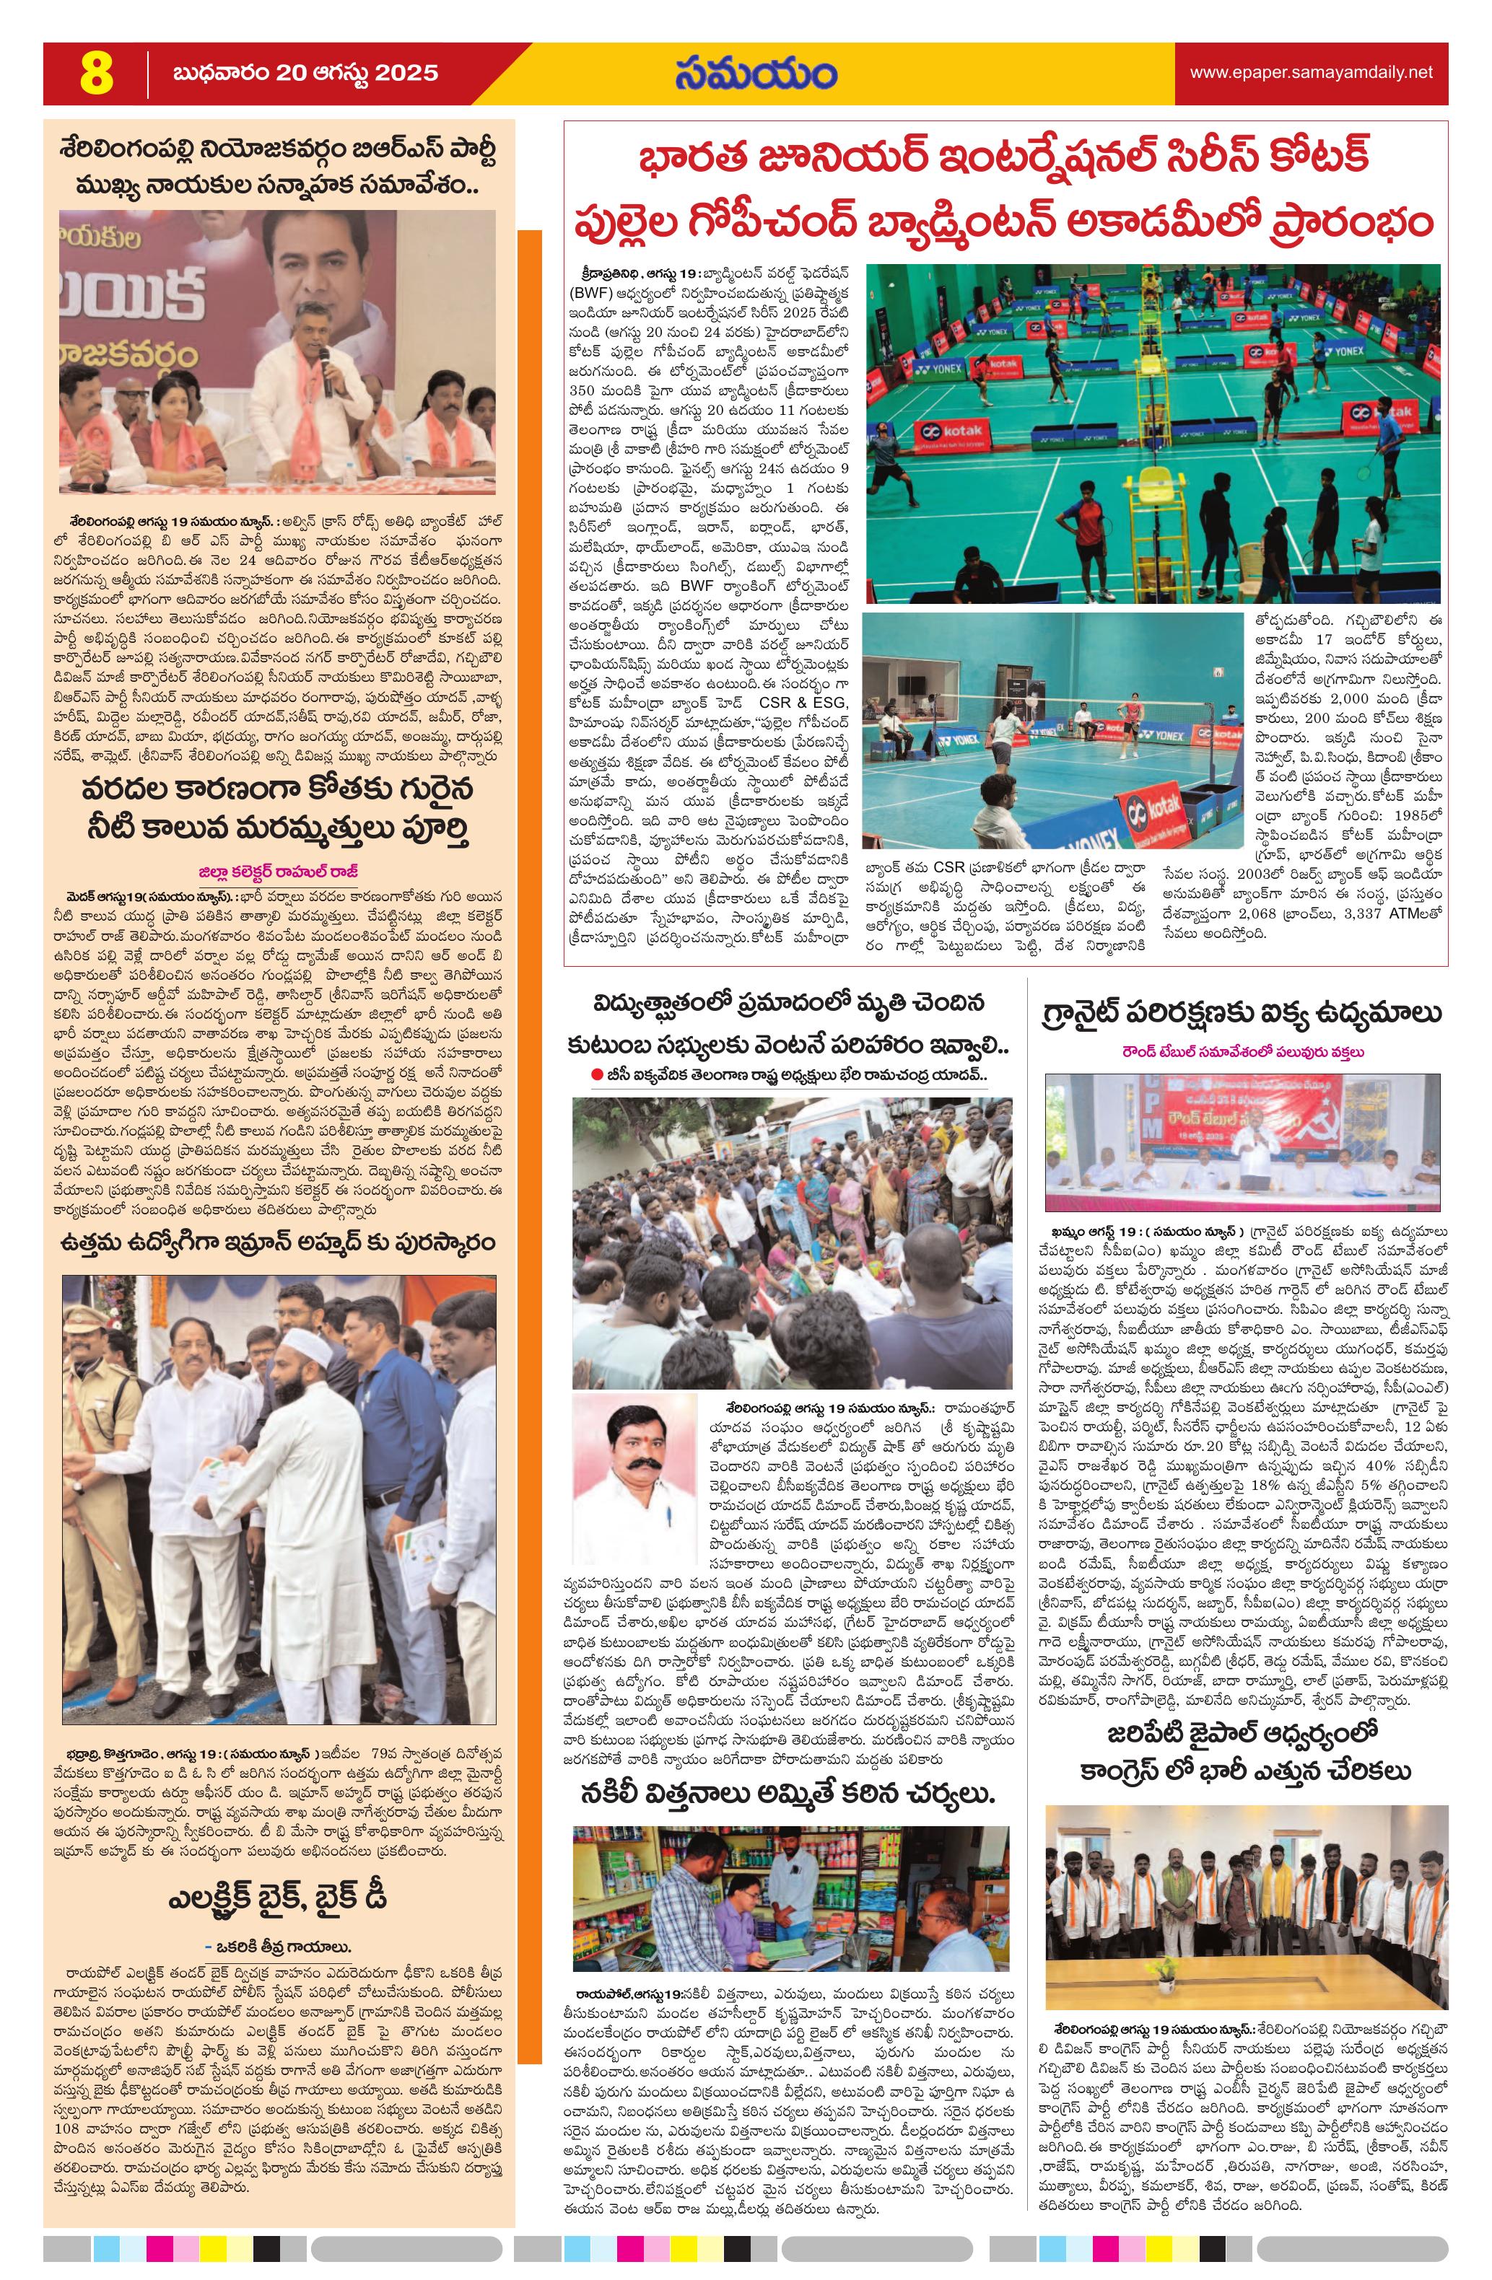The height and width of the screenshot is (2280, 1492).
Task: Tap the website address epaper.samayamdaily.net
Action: (x=1311, y=73)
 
